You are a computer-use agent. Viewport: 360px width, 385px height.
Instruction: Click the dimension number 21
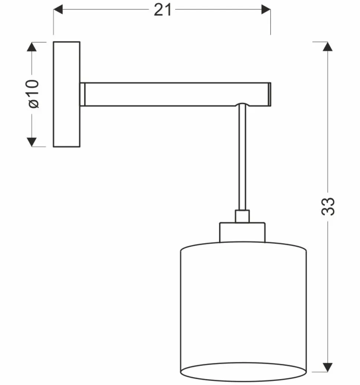163,10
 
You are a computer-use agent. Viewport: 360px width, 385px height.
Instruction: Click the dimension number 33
328,206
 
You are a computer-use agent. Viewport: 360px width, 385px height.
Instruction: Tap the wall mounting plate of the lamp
66,94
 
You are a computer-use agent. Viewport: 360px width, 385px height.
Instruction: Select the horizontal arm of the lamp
174,94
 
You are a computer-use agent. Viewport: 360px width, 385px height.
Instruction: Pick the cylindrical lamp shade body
243,304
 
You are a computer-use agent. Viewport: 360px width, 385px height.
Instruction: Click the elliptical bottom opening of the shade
243,372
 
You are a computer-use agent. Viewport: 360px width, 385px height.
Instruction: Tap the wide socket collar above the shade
242,232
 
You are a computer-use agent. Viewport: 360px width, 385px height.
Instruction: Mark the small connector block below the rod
242,216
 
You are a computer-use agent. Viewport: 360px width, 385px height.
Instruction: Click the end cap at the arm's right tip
270,94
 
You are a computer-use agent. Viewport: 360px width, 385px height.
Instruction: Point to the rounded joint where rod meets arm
242,105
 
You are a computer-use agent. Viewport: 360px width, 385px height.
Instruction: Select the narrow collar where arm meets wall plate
82,94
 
